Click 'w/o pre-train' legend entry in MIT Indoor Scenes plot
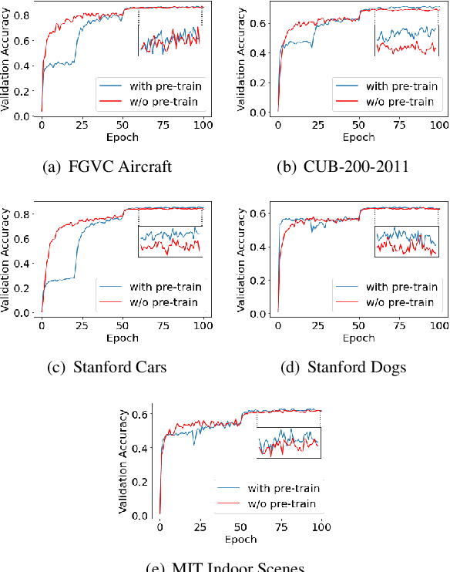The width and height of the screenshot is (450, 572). [x=281, y=503]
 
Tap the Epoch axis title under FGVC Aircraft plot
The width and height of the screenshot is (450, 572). [x=122, y=137]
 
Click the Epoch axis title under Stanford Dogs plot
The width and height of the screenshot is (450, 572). [x=358, y=337]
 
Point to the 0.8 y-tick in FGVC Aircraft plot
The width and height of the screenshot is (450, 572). [x=25, y=14]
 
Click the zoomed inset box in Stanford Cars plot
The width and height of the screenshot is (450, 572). [x=170, y=241]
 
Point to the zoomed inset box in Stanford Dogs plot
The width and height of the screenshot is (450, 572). [x=405, y=241]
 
